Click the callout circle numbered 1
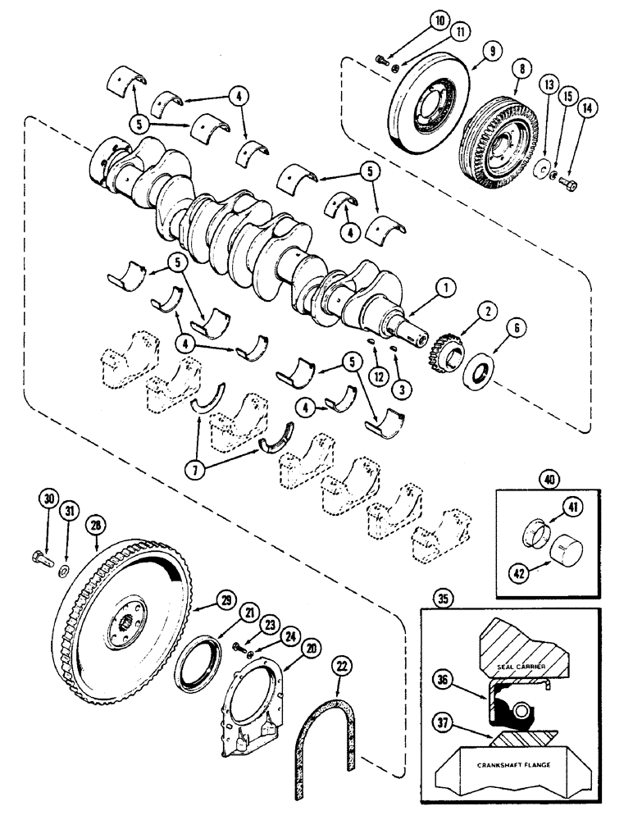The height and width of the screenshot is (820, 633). (444, 288)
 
